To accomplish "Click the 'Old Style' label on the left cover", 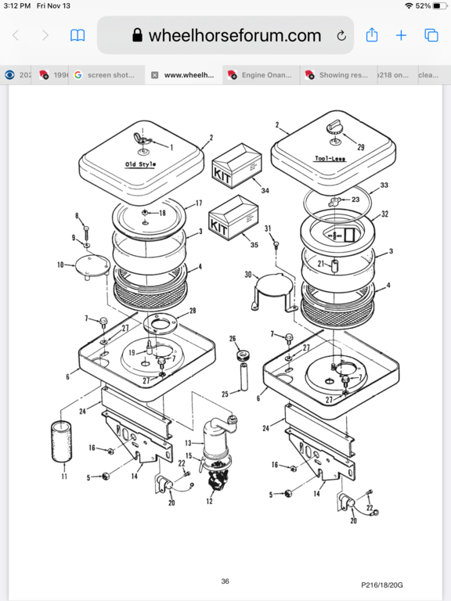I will tap(141, 164).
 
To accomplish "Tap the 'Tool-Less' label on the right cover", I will tap(331, 157).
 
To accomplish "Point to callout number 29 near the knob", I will tap(360, 148).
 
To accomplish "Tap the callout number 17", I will tap(198, 203).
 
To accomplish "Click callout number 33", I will tap(384, 185).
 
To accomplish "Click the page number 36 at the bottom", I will tap(225, 581).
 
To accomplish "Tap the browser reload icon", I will tap(341, 35).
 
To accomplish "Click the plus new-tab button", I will tap(401, 35).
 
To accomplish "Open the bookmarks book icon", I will tap(78, 35).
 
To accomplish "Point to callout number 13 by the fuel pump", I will tap(188, 443).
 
